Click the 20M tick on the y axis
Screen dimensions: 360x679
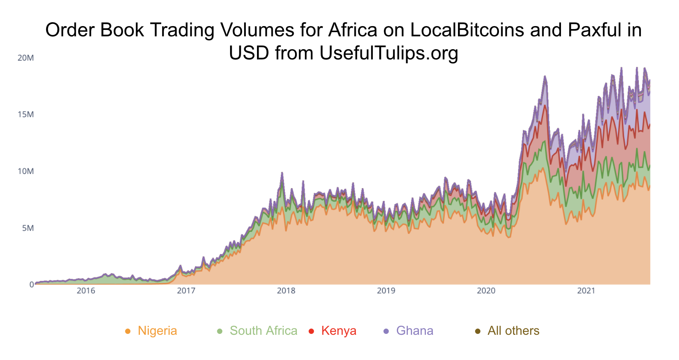pos(26,58)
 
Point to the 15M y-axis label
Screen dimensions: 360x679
pos(26,115)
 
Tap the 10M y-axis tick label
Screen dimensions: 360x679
pos(26,171)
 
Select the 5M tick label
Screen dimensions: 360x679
pos(27,228)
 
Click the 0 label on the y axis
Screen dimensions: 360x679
pos(31,285)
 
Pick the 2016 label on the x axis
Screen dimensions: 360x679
pos(86,291)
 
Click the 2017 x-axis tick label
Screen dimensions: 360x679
pos(186,291)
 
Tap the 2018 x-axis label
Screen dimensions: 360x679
pos(286,291)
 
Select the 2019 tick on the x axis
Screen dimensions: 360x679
pos(386,291)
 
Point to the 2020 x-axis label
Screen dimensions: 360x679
pos(486,291)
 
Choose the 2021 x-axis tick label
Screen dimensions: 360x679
pos(586,291)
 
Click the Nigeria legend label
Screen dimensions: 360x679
pos(157,331)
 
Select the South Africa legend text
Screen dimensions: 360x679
pos(263,331)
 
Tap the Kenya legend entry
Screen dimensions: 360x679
pos(339,331)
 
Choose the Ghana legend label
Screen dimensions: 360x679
pos(415,331)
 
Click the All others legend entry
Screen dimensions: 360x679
pos(514,331)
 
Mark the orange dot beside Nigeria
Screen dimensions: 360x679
pos(127,331)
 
